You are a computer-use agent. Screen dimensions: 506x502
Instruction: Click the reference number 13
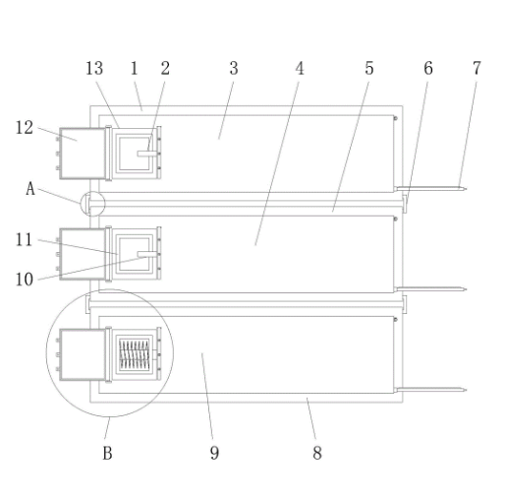[94, 69]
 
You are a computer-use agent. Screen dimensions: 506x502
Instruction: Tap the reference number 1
[135, 69]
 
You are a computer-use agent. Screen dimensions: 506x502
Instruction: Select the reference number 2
[165, 69]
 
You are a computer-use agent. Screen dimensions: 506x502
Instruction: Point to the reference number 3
[234, 69]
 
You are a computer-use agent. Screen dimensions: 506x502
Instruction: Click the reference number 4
[300, 69]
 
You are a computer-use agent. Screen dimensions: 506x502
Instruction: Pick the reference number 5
[369, 69]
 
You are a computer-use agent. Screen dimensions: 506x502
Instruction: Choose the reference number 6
[428, 69]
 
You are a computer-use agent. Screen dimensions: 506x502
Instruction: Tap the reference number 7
[477, 69]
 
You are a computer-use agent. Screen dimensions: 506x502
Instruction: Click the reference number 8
[317, 453]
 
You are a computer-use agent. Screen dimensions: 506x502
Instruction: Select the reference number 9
[214, 453]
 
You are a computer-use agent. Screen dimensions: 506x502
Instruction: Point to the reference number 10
[25, 280]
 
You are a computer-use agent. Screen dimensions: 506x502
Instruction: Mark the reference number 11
[24, 239]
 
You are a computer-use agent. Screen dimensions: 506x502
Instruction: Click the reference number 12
[25, 128]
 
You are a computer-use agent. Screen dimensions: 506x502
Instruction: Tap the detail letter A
[30, 189]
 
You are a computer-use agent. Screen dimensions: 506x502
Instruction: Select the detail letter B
[107, 453]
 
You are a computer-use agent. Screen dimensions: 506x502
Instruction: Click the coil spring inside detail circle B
[135, 354]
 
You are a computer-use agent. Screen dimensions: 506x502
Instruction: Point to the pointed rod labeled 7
[430, 189]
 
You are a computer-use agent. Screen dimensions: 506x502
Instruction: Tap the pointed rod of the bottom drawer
[430, 390]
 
